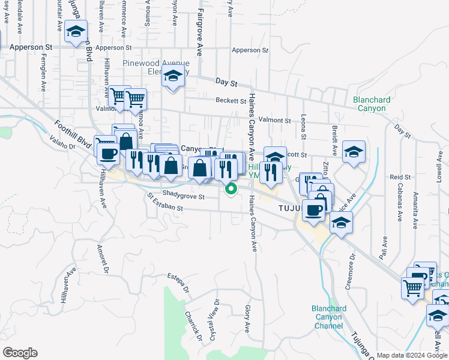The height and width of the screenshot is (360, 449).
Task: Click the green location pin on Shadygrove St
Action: (x=230, y=189)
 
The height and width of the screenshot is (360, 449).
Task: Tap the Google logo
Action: (x=20, y=353)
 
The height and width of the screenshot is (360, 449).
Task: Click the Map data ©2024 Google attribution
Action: (x=412, y=355)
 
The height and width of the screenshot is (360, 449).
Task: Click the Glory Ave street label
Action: (x=247, y=319)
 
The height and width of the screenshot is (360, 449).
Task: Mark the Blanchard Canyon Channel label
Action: (x=329, y=317)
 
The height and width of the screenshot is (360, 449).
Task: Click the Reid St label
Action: (x=400, y=177)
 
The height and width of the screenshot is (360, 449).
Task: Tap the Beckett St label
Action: (x=231, y=101)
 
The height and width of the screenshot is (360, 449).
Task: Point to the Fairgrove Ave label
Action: (x=200, y=32)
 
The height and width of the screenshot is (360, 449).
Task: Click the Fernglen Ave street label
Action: (x=43, y=76)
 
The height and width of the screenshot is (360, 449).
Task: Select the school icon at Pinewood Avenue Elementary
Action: (x=173, y=78)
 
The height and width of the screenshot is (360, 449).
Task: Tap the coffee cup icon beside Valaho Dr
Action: (x=108, y=154)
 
